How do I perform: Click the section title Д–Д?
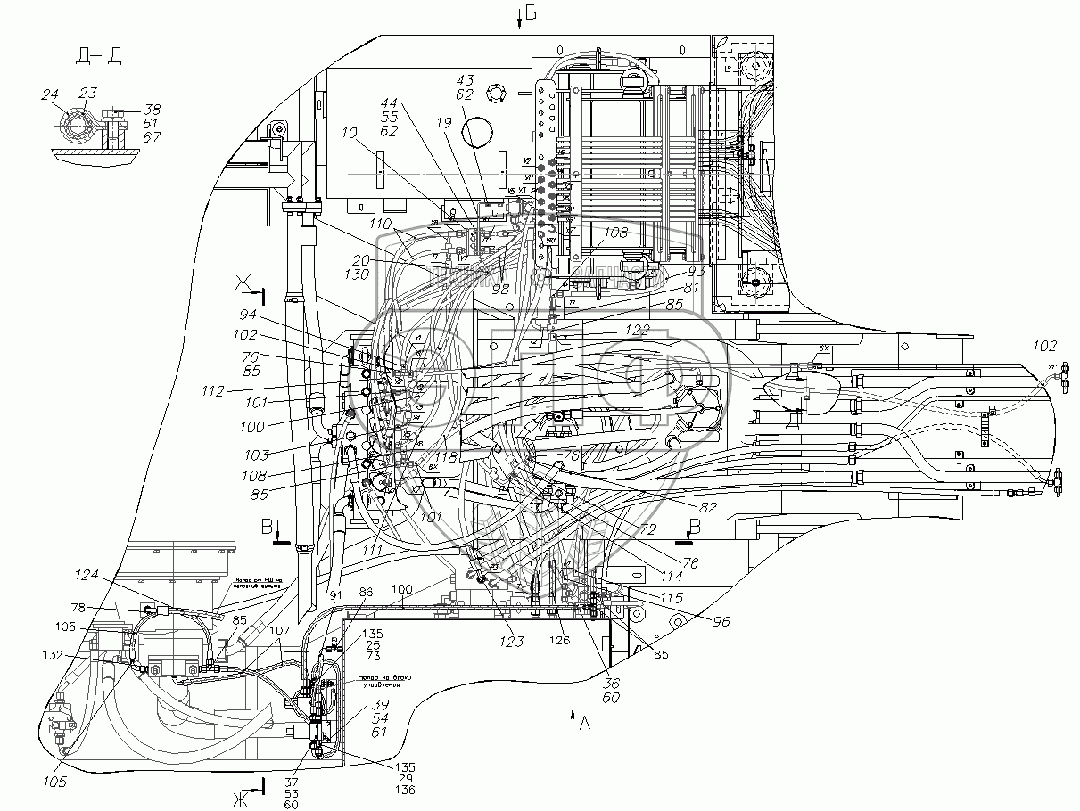coord(100,56)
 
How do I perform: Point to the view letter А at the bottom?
coord(584,723)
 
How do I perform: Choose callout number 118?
coord(446,457)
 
